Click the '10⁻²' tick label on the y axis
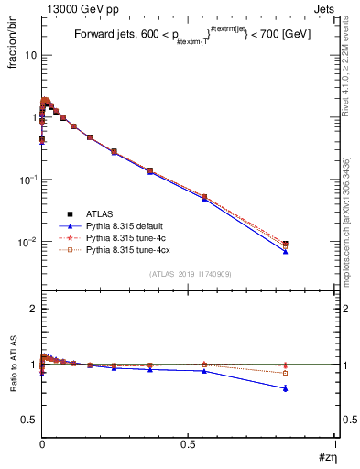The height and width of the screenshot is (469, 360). (x=27, y=242)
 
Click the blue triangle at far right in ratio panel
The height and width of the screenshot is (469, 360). (x=286, y=388)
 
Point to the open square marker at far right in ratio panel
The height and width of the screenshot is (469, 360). (x=286, y=373)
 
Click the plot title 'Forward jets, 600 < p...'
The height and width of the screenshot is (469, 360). (x=191, y=36)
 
